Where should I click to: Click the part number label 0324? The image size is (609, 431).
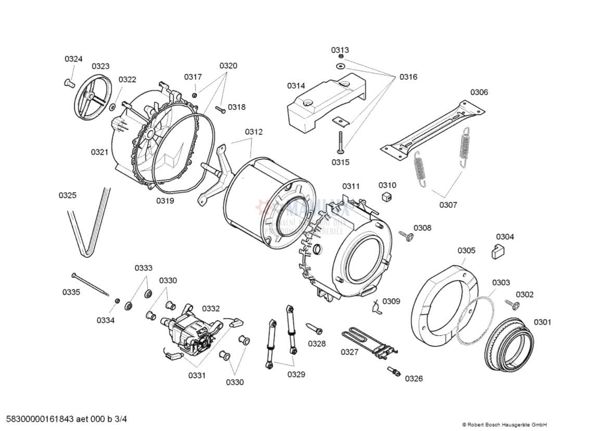tap(73, 59)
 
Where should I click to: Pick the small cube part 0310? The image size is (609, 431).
tap(387, 196)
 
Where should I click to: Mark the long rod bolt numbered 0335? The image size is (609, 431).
tap(91, 285)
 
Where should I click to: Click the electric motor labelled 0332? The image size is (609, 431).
tap(190, 333)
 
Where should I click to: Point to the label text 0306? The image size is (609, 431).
tap(479, 92)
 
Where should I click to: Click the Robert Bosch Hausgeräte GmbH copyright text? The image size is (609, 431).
tap(504, 424)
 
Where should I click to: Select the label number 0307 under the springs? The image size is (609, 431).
tap(448, 205)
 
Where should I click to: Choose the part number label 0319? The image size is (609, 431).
tap(166, 200)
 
